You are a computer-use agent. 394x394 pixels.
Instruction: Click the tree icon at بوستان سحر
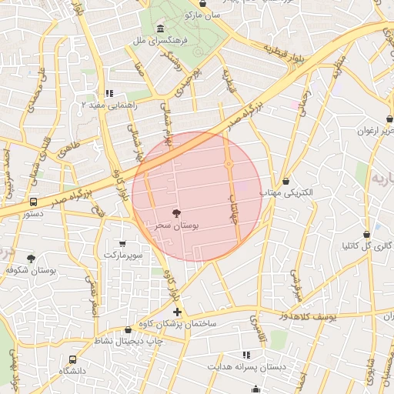[x=178, y=213]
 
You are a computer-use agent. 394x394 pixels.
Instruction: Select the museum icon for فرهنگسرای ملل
[x=160, y=28]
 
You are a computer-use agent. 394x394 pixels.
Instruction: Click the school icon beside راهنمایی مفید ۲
[x=109, y=92]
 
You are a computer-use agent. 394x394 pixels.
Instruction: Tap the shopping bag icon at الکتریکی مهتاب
[x=286, y=181]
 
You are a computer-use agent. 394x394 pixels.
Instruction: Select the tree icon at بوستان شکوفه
[x=31, y=259]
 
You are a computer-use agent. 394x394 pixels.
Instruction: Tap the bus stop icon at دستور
[x=33, y=202]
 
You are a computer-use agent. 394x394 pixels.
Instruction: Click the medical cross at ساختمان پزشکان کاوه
[x=178, y=312]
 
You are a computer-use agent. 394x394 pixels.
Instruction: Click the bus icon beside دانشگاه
[x=72, y=359]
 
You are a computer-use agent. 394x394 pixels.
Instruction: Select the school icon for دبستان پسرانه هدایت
[x=246, y=355]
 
